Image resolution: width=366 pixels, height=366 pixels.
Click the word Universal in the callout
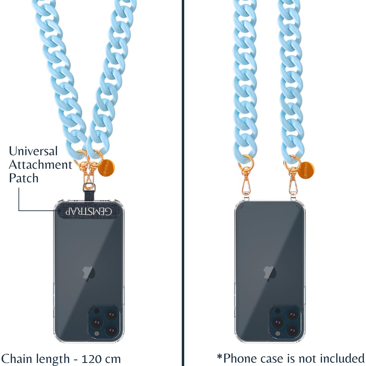33,151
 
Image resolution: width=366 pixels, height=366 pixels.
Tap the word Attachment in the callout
41,165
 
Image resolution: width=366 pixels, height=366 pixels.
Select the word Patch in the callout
24,178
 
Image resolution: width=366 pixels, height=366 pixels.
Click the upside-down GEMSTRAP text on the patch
88,211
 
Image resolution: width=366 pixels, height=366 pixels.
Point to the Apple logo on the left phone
89,273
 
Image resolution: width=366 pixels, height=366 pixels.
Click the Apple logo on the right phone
270,273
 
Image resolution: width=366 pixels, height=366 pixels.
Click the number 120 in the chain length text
90,359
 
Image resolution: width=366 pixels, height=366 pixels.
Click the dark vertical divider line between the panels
183,183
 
